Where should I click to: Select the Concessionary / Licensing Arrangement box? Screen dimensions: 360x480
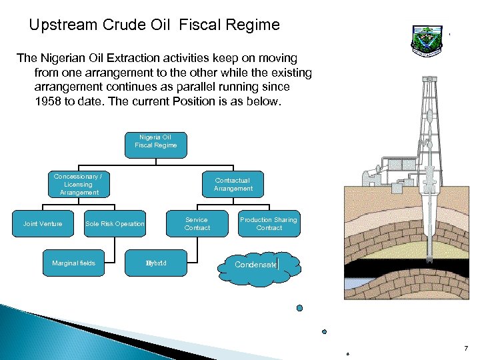(79, 184)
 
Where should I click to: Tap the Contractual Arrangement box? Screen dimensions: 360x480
(233, 184)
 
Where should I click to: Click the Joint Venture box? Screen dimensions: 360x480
(43, 224)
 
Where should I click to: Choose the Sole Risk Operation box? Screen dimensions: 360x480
(115, 224)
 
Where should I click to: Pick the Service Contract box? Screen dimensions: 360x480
(197, 224)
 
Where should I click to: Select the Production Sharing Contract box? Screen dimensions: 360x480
(269, 224)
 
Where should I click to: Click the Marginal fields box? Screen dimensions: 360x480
(73, 263)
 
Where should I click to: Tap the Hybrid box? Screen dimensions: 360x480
(156, 263)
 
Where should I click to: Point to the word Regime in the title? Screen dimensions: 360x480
(250, 25)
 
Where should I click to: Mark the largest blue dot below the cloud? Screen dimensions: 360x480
(299, 308)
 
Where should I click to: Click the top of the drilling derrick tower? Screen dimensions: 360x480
(430, 79)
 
